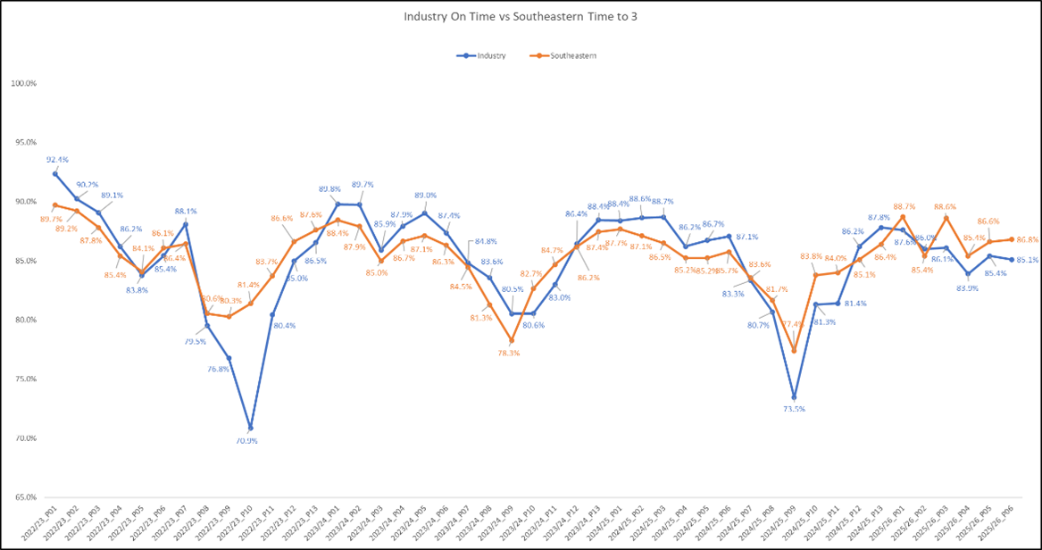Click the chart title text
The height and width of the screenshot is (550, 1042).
point(521,17)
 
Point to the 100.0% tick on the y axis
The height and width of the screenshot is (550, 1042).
point(23,84)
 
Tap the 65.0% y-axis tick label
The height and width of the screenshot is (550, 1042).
point(23,497)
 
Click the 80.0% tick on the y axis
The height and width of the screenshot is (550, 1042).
point(23,320)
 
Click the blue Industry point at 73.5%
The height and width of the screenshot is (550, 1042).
point(794,397)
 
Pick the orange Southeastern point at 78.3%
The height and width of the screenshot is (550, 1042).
point(512,340)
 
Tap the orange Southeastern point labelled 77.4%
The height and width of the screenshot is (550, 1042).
point(794,351)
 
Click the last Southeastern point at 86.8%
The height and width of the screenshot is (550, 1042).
point(1011,239)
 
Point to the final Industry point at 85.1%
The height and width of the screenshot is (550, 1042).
point(1011,260)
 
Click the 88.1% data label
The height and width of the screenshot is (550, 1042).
point(186,212)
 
